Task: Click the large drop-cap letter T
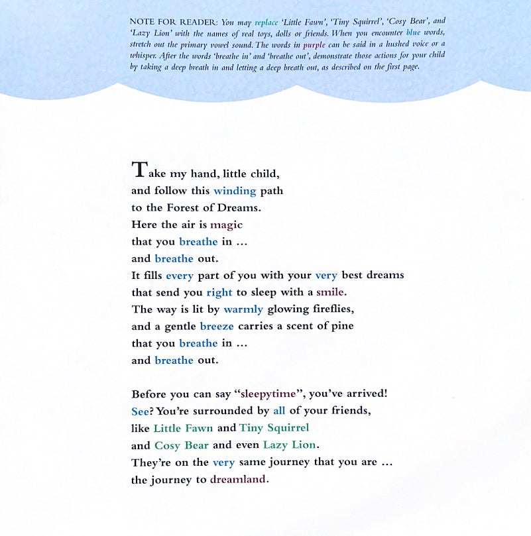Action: pos(140,170)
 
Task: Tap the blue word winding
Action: pos(235,191)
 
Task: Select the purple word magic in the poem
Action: pos(227,225)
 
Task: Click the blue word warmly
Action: pos(243,309)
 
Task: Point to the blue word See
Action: pos(140,411)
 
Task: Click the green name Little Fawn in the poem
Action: pos(184,428)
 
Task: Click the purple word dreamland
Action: pos(239,480)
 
